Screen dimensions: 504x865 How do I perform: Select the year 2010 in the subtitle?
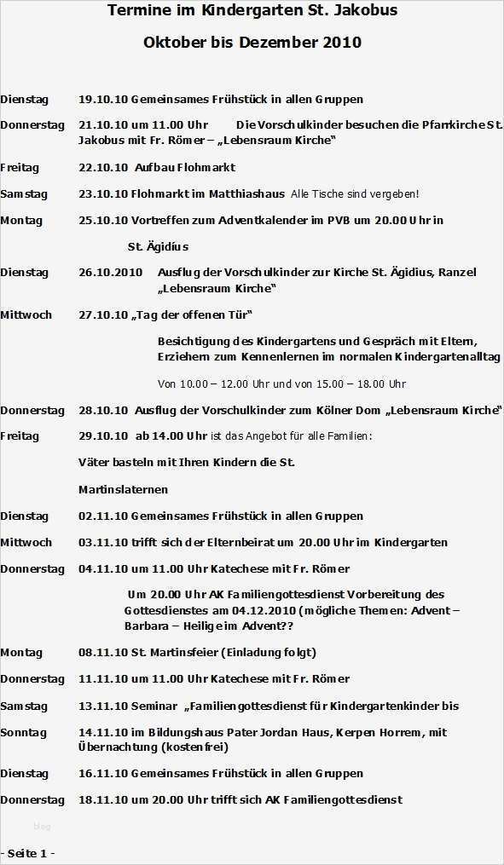pyautogui.click(x=343, y=43)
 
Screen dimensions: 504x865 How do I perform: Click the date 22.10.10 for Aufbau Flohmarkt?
pyautogui.click(x=102, y=168)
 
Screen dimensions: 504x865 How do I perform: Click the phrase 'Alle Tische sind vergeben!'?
pyautogui.click(x=355, y=194)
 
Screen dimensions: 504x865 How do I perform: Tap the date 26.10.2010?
pyautogui.click(x=110, y=273)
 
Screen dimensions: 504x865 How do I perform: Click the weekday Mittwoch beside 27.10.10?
pyautogui.click(x=26, y=315)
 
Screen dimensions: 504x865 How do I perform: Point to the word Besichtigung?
pyautogui.click(x=193, y=342)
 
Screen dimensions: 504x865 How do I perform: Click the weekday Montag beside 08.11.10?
pyautogui.click(x=21, y=653)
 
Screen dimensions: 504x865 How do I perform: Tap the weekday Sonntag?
pyautogui.click(x=23, y=733)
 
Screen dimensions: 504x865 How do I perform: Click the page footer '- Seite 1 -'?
pyautogui.click(x=28, y=853)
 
